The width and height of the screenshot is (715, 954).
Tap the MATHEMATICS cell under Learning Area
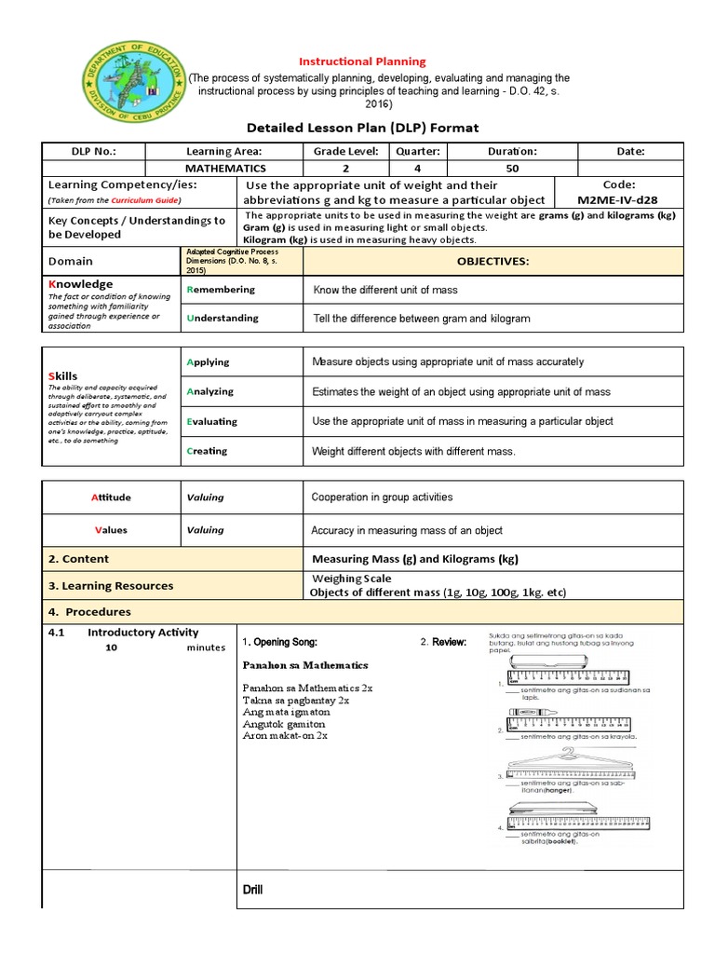point(225,169)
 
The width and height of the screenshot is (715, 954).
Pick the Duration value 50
point(512,169)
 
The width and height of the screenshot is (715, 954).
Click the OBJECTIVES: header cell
point(492,262)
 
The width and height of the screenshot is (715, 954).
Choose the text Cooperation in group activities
point(382,497)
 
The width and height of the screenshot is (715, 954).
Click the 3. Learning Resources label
point(111,586)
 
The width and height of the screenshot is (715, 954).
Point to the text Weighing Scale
point(352,579)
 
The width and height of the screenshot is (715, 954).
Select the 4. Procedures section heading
point(89,612)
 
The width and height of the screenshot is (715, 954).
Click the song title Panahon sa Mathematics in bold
point(305,665)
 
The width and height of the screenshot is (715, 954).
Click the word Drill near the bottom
point(252,890)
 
